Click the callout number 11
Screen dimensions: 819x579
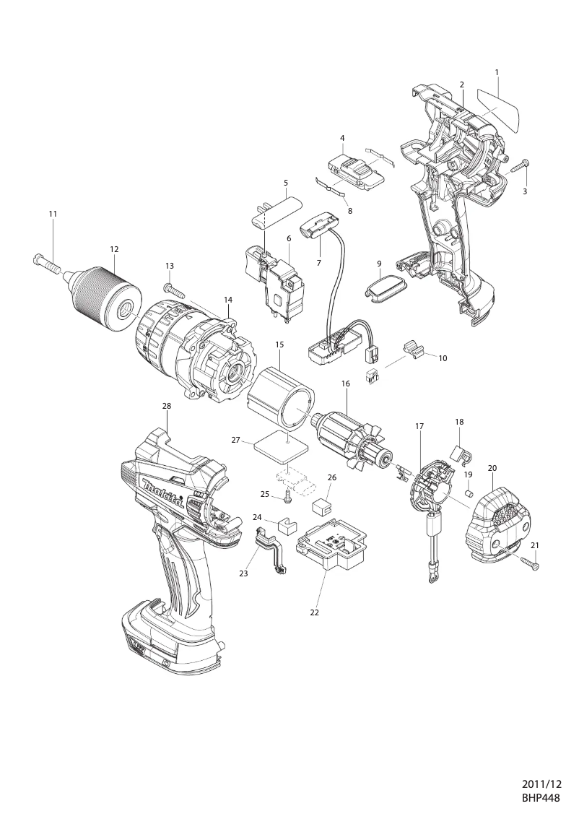[53, 214]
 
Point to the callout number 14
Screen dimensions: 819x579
[228, 299]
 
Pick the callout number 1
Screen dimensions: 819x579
[497, 72]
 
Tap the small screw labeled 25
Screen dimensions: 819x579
[288, 496]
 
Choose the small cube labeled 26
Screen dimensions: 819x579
[321, 505]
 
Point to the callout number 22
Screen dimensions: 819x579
[314, 612]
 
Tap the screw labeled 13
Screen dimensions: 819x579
[175, 292]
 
